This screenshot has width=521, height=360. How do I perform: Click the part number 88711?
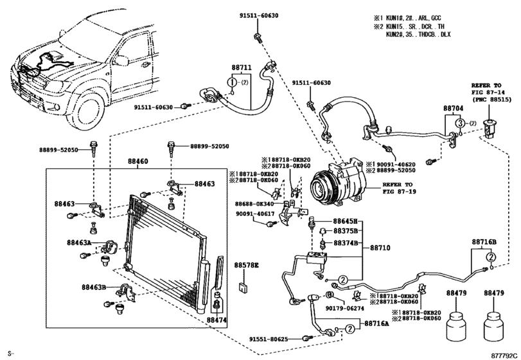point(238,67)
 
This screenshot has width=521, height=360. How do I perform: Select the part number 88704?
point(453,110)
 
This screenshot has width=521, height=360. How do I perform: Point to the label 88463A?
point(78,242)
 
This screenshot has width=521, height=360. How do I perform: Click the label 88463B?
point(94,287)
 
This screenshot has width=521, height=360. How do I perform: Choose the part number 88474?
point(217,319)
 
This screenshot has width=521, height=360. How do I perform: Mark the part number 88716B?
point(485,242)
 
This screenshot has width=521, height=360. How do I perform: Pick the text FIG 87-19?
point(399,191)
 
